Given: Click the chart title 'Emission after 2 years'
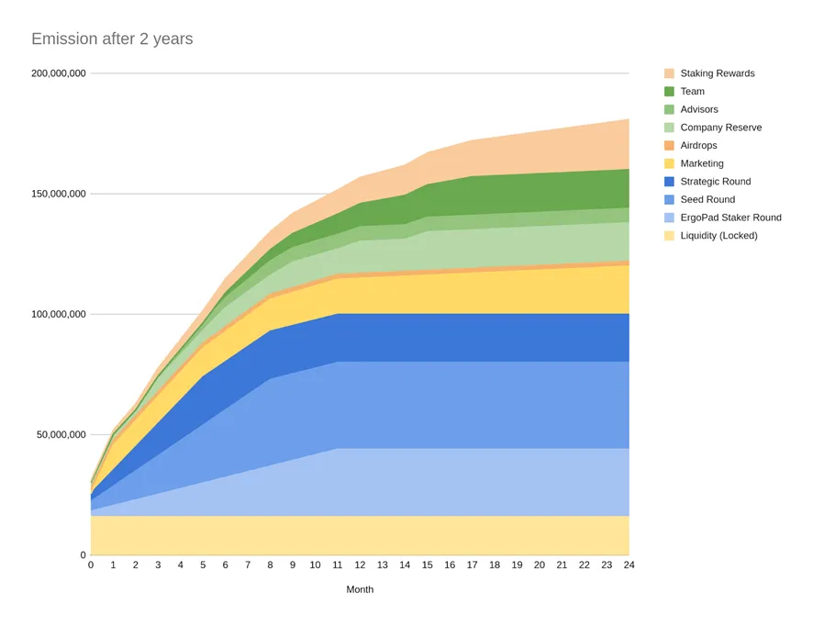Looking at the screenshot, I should (112, 39).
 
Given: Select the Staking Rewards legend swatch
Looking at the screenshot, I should (669, 73).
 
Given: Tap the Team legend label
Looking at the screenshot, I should (692, 92).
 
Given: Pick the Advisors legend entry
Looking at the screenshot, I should (698, 109).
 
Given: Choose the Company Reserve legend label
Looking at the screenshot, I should (720, 128).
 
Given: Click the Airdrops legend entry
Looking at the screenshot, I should (698, 145).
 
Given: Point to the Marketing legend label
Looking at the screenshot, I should (701, 163).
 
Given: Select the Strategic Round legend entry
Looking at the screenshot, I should (715, 182).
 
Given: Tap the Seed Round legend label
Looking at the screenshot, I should (707, 199).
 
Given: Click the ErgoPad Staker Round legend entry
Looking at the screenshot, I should (730, 218).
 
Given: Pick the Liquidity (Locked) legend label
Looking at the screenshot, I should (718, 236).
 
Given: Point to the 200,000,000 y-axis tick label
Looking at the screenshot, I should (58, 73).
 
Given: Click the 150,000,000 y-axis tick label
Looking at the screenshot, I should (58, 194).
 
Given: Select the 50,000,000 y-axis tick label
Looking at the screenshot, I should (61, 434).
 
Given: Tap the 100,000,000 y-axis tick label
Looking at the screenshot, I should (58, 314).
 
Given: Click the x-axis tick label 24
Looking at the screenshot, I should (629, 565).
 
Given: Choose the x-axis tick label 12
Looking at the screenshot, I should (360, 565).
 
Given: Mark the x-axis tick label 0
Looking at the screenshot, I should (91, 565).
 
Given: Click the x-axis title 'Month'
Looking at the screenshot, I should (360, 589).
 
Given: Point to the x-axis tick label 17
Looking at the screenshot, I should (472, 565).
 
